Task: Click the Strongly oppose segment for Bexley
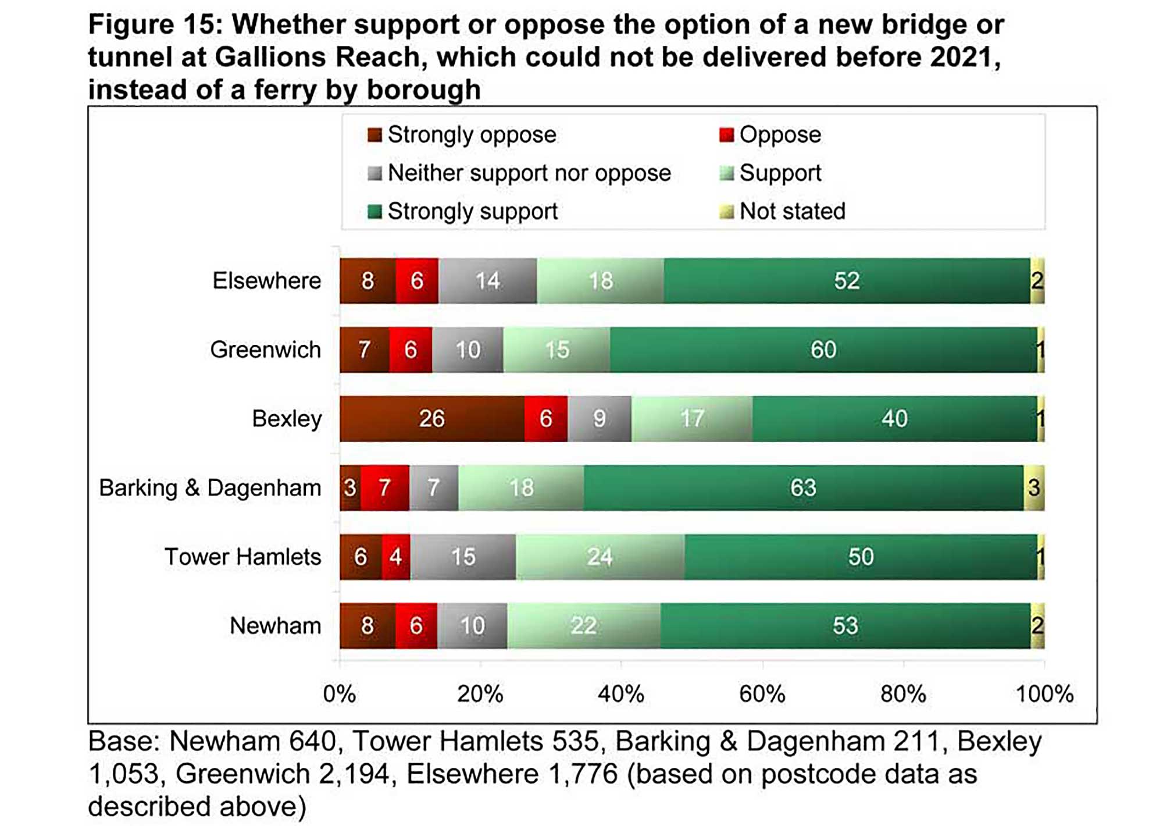pyautogui.click(x=431, y=419)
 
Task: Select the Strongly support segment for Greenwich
pyautogui.click(x=823, y=350)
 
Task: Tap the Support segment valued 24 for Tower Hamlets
pyautogui.click(x=600, y=557)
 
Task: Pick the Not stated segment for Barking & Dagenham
pyautogui.click(x=1033, y=487)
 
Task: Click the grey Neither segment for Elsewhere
pyautogui.click(x=487, y=281)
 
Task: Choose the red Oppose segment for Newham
pyautogui.click(x=416, y=626)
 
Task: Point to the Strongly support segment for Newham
pyautogui.click(x=845, y=626)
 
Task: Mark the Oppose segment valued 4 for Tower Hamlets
pyautogui.click(x=396, y=557)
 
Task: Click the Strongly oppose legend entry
pyautogui.click(x=462, y=135)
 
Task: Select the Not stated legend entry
pyautogui.click(x=783, y=211)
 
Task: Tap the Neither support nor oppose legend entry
pyautogui.click(x=519, y=173)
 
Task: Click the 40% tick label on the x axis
pyautogui.click(x=621, y=694)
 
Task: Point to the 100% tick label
pyautogui.click(x=1044, y=694)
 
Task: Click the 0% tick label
pyautogui.click(x=340, y=694)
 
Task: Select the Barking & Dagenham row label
pyautogui.click(x=210, y=487)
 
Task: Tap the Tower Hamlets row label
pyautogui.click(x=242, y=557)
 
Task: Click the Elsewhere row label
pyautogui.click(x=266, y=281)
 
